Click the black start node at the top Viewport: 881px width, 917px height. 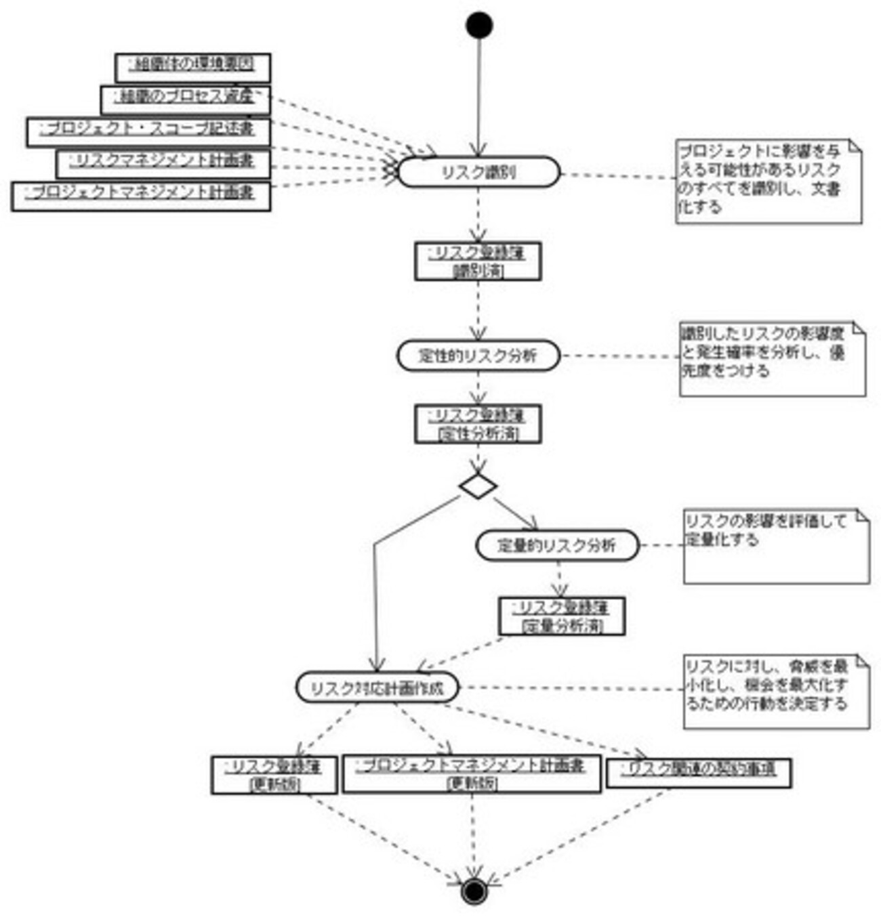479,25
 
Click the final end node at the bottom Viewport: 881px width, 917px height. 474,890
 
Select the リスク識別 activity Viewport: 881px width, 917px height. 478,173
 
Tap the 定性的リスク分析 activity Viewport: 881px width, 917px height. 478,356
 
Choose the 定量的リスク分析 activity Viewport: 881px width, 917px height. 557,546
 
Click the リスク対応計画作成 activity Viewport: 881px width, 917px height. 377,688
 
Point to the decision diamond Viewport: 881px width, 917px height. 478,486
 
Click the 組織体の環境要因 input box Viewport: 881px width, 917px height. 193,67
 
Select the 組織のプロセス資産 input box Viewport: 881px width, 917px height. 185,99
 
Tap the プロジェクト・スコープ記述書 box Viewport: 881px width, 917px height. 148,131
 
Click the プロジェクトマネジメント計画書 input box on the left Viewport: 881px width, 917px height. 141,196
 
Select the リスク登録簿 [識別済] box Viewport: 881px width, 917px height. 478,261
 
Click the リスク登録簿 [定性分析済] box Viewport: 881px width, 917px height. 478,424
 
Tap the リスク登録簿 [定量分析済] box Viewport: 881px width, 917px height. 562,616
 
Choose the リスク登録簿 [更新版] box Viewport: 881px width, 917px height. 274,775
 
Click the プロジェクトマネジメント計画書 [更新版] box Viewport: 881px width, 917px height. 471,774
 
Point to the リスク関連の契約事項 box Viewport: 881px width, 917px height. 698,772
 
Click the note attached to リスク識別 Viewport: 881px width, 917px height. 769,182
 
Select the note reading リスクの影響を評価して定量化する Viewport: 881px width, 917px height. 776,546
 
